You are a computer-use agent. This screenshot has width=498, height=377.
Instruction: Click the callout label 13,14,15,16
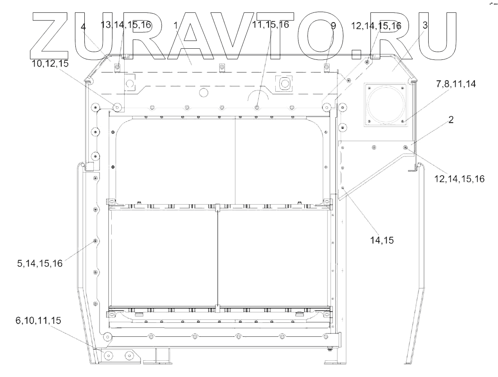(126, 25)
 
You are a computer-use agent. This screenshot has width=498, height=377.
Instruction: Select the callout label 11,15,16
(271, 24)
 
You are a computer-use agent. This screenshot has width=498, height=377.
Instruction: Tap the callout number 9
(333, 26)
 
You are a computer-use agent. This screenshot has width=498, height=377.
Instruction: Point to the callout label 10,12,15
(50, 63)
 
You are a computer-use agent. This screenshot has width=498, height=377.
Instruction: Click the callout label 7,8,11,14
(456, 84)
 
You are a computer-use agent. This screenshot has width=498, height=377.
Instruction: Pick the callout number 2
(450, 120)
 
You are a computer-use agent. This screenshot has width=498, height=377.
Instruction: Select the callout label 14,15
(382, 240)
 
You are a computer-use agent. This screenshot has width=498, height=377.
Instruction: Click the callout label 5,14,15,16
(40, 263)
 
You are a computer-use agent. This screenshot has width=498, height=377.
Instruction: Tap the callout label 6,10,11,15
(38, 320)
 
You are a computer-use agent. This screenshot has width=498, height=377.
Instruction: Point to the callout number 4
(83, 27)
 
